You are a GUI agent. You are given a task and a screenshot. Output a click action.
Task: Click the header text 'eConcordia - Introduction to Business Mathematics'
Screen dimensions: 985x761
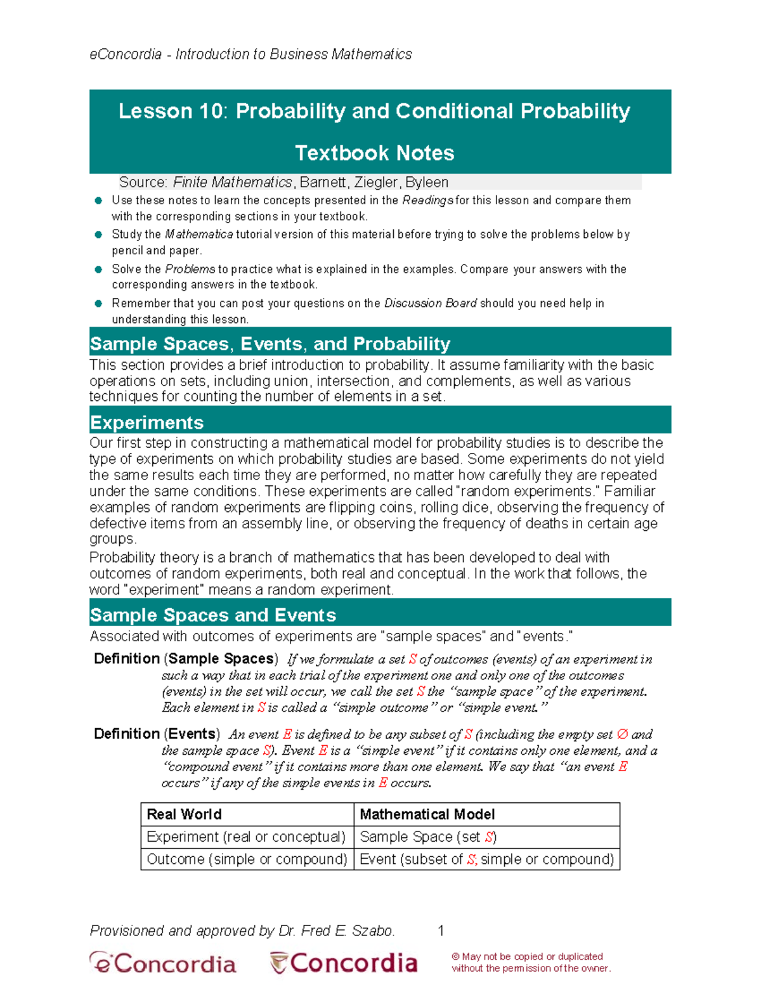[250, 55]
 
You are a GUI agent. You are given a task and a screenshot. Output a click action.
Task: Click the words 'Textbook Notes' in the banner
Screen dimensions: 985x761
[374, 153]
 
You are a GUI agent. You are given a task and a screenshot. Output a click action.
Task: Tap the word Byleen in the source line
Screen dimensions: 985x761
[427, 183]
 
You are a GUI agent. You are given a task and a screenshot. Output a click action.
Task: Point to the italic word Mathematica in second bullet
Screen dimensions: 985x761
[199, 235]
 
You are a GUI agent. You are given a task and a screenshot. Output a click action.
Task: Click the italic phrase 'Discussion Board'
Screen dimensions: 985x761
[430, 303]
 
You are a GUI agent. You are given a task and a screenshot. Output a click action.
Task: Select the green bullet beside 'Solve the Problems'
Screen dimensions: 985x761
[98, 270]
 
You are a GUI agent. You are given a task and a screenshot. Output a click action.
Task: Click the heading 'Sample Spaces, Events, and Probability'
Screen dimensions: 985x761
[270, 344]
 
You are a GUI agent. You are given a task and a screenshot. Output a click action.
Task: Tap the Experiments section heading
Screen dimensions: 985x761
[146, 422]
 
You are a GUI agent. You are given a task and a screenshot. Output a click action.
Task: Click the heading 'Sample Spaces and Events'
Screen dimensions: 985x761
[213, 615]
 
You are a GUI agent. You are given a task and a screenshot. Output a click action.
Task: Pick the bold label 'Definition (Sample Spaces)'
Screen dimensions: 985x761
[186, 659]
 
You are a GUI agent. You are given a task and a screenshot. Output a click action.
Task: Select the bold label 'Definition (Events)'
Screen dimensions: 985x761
[157, 734]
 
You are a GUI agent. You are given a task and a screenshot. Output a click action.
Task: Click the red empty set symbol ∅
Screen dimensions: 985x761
[622, 734]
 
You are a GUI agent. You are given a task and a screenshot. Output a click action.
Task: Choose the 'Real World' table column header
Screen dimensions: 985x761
[184, 814]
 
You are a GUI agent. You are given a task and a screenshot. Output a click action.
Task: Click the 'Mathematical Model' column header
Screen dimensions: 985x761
[427, 814]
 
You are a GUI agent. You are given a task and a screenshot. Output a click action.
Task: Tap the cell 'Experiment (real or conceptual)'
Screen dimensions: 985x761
[246, 837]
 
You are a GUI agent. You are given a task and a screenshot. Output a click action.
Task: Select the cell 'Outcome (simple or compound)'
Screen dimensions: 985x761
[247, 859]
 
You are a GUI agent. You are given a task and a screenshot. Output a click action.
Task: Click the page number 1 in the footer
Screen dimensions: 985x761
[441, 931]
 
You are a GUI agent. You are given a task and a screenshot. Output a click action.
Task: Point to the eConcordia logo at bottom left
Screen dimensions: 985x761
[162, 963]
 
